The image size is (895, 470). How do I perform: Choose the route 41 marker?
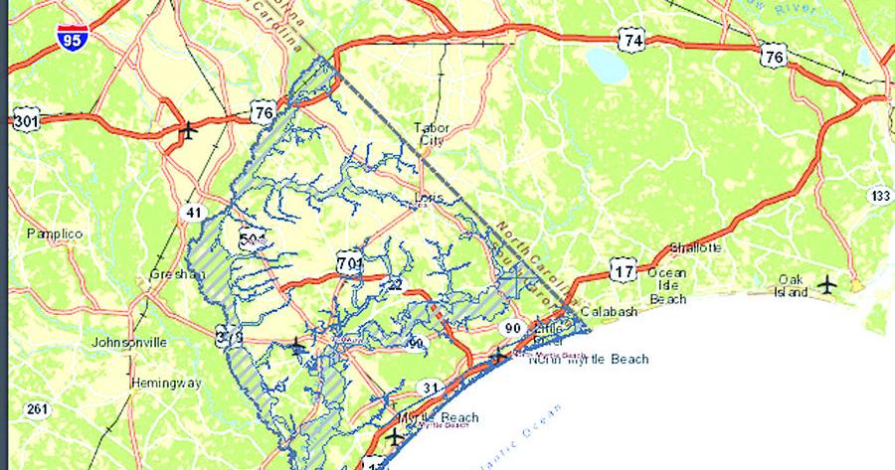[192, 211]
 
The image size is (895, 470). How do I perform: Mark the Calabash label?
[608, 312]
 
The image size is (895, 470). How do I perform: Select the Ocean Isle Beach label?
[667, 285]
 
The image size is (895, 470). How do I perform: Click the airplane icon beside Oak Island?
[827, 286]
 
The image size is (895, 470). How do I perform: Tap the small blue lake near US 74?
[606, 65]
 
